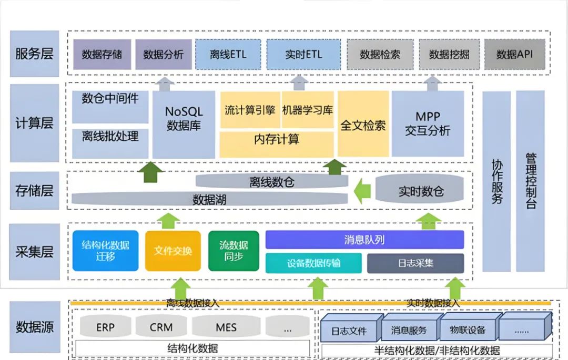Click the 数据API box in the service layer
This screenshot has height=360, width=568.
515,54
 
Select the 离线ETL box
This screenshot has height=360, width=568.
228,54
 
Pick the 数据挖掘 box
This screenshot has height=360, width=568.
449,54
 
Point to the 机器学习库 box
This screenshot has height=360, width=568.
308,110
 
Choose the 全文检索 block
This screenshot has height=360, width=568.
363,125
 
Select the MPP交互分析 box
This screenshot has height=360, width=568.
428,124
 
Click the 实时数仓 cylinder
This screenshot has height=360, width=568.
421,191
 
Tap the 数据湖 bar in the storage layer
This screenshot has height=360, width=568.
209,199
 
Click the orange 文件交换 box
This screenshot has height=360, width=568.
173,251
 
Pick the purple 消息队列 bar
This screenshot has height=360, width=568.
364,240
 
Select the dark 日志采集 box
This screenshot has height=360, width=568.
415,263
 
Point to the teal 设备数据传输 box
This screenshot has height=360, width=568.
313,263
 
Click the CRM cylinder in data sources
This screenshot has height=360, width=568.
161,327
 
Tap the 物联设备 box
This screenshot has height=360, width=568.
468,330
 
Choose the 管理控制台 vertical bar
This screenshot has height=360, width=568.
530,181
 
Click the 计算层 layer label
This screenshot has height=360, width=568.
34,124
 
